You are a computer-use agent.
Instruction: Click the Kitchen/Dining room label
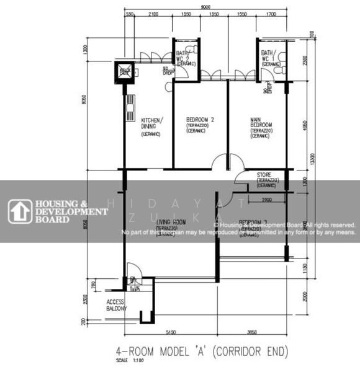pyautogui.click(x=151, y=123)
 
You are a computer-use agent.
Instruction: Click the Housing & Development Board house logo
pyautogui.click(x=19, y=211)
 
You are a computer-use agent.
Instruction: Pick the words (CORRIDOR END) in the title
pyautogui.click(x=248, y=352)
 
